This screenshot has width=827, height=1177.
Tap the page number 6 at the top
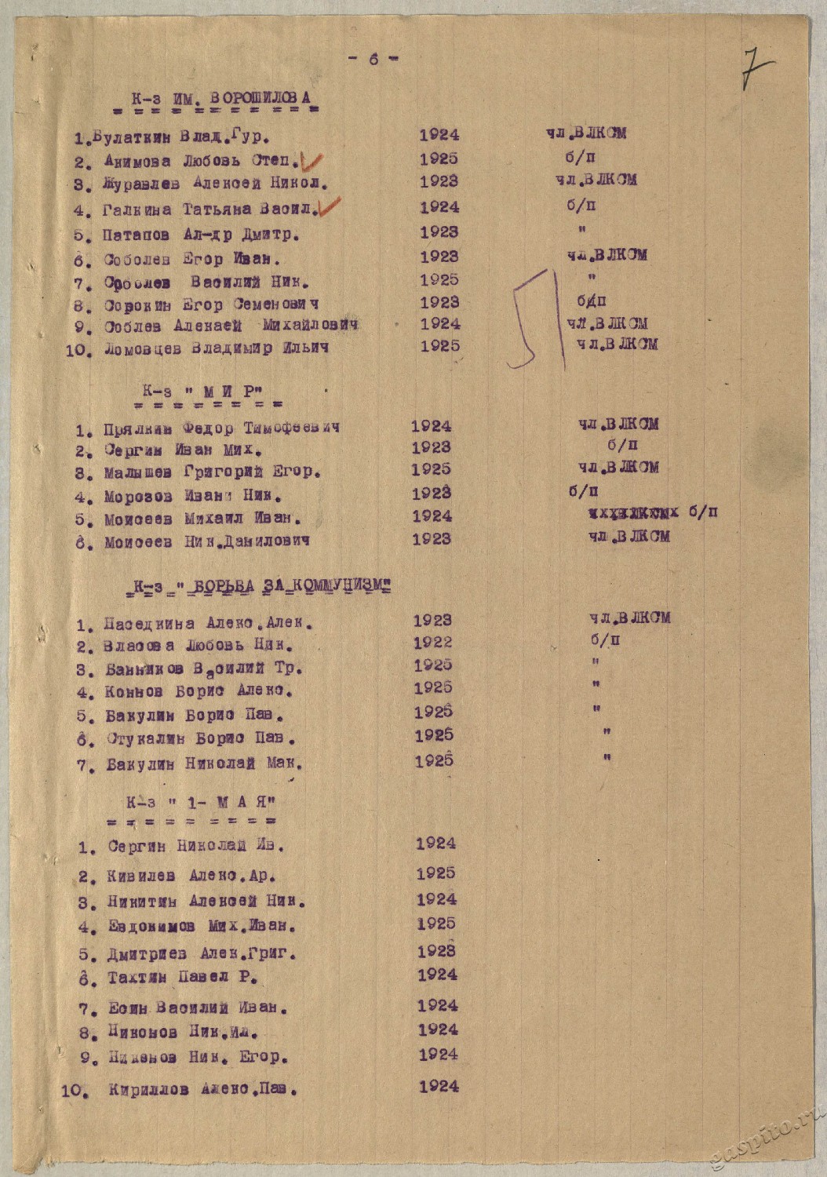click(x=373, y=59)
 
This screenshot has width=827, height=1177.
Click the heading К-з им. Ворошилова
click(x=221, y=98)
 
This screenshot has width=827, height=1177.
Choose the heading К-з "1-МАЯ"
click(x=199, y=803)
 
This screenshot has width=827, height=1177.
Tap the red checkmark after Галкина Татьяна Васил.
click(x=329, y=208)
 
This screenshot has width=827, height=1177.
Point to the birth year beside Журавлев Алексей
click(x=439, y=181)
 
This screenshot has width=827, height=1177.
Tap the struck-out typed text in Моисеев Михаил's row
click(x=632, y=513)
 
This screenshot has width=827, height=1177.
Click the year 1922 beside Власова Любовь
click(x=433, y=642)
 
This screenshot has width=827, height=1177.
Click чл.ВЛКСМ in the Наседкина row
click(x=630, y=618)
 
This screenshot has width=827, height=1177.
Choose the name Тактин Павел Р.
click(x=182, y=978)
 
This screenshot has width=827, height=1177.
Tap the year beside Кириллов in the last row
click(x=438, y=1086)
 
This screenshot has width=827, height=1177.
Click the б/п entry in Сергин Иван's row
click(x=617, y=445)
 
